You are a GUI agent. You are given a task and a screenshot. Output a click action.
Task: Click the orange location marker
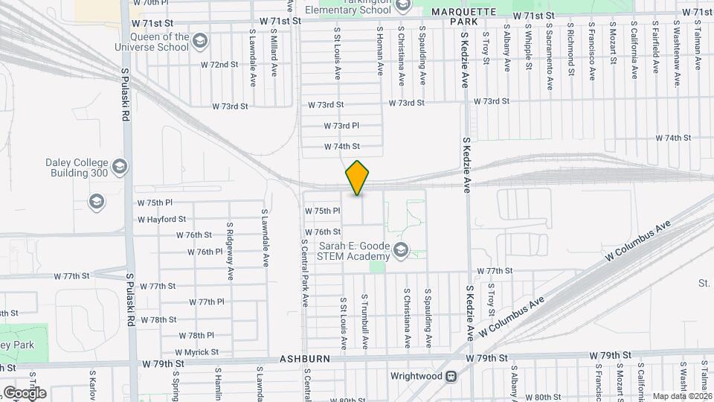358,178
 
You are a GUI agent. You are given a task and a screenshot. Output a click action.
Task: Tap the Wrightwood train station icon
451,376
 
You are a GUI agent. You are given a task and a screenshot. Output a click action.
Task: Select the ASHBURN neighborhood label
305,359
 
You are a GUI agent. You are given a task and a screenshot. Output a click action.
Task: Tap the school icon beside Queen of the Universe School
199,40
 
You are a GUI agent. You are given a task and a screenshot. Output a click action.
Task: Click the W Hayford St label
161,220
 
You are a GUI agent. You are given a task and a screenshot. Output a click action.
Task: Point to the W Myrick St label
196,352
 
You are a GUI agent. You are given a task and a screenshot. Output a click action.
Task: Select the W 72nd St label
219,65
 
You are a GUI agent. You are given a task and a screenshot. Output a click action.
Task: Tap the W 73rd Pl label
341,126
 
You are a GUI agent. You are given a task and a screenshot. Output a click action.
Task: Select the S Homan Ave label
379,51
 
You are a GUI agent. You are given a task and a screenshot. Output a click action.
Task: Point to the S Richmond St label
571,51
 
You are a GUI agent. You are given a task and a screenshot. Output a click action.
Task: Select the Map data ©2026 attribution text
681,397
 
